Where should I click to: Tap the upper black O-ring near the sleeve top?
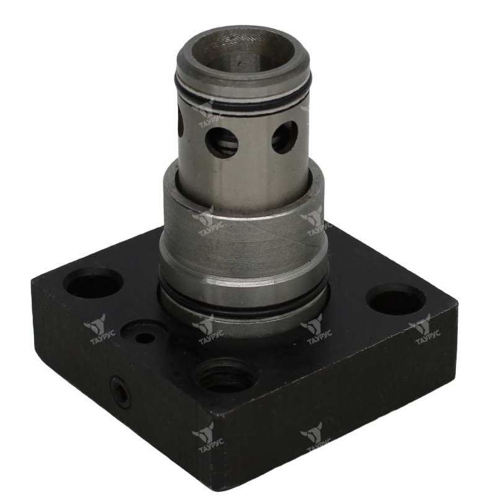click(x=243, y=102)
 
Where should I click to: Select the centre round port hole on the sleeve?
click(x=222, y=141)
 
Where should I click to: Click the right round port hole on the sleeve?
click(x=284, y=137)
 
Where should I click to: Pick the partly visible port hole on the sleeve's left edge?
click(x=181, y=121)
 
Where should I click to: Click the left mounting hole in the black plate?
click(x=94, y=282)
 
